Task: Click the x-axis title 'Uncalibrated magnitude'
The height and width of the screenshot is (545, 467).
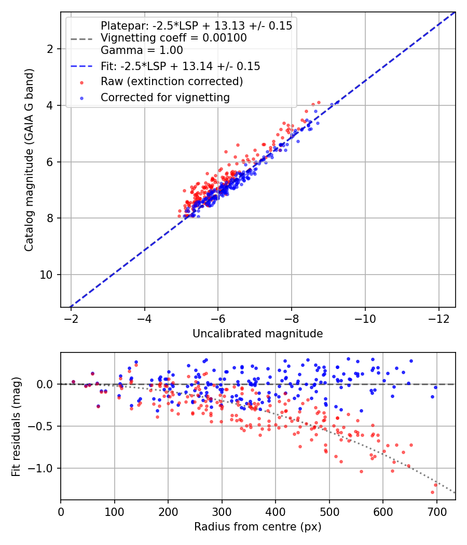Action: tap(257, 334)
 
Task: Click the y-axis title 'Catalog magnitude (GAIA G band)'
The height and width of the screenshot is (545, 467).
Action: tap(29, 160)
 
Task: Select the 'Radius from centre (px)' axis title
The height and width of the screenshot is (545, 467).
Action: tap(257, 527)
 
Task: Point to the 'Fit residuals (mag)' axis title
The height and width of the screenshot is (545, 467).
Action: tap(16, 427)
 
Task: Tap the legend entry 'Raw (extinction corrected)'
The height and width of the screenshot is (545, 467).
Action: tap(172, 81)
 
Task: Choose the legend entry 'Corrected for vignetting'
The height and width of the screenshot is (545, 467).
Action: tap(165, 98)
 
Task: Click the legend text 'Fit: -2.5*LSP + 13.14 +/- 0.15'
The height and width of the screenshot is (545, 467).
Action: tap(181, 66)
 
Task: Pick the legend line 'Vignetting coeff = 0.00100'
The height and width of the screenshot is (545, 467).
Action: tap(174, 38)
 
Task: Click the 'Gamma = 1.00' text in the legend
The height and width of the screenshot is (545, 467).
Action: tap(142, 50)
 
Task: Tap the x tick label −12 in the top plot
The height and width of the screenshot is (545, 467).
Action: tap(438, 319)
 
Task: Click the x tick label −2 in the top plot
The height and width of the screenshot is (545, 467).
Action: tap(71, 319)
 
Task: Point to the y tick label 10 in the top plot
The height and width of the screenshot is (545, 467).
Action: tap(46, 275)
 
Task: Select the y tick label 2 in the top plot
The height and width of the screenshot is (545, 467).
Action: tap(50, 49)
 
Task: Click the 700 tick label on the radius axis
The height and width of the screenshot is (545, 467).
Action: tap(436, 512)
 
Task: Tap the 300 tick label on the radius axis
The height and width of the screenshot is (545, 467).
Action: tap(222, 512)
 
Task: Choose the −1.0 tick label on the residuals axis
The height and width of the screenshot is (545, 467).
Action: tap(41, 469)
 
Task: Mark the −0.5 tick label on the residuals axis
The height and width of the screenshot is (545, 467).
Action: tap(41, 427)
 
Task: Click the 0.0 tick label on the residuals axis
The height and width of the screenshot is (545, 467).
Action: tap(45, 385)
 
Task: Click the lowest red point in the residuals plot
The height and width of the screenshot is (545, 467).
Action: tap(432, 492)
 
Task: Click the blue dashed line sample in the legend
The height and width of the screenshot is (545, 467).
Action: tap(81, 66)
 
